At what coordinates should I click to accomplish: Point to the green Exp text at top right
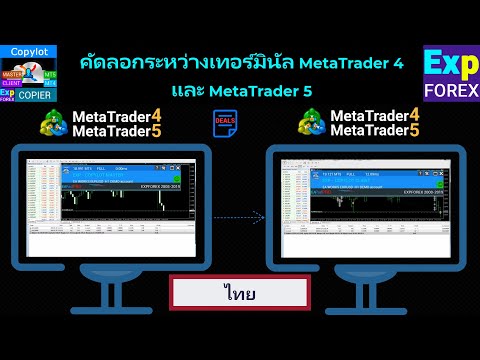[x=450, y=64]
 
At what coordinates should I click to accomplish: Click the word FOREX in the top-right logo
[x=450, y=92]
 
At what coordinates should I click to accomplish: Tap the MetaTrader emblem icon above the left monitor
[x=56, y=127]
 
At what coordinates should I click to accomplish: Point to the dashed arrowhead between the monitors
[x=262, y=214]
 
